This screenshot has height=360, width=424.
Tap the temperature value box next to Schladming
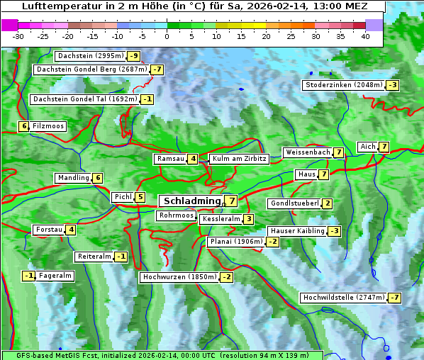tap(232, 201)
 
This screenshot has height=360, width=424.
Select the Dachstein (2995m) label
tap(90, 56)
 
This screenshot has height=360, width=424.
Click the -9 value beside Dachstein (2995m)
tap(133, 56)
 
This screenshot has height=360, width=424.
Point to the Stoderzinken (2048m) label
tap(343, 85)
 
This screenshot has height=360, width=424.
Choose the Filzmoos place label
tap(48, 126)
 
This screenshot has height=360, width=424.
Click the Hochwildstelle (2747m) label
tap(343, 298)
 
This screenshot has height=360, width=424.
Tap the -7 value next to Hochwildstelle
tap(394, 298)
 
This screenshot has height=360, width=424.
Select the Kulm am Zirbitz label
tap(239, 159)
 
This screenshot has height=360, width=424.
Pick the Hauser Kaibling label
tap(296, 231)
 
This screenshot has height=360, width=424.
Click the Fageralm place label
tap(55, 276)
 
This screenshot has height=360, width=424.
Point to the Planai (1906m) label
tap(236, 242)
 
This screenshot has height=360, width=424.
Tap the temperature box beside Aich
tap(384, 147)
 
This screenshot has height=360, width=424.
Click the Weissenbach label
tap(307, 152)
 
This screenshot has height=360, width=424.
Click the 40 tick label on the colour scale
tap(365, 35)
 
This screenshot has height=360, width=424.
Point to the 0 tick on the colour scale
tap(167, 35)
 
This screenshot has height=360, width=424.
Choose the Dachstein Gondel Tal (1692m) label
tap(85, 99)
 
